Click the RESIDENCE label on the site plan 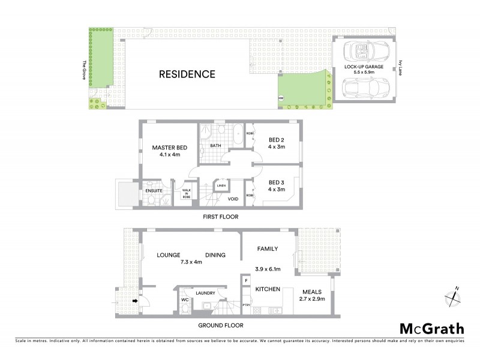point(187,75)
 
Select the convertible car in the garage point(364,52)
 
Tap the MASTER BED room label point(167,148)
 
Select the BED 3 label point(276,182)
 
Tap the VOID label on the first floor point(234,199)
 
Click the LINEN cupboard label point(221,185)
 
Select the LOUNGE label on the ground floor point(169,255)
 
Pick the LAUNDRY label point(205,293)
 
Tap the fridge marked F point(246,280)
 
